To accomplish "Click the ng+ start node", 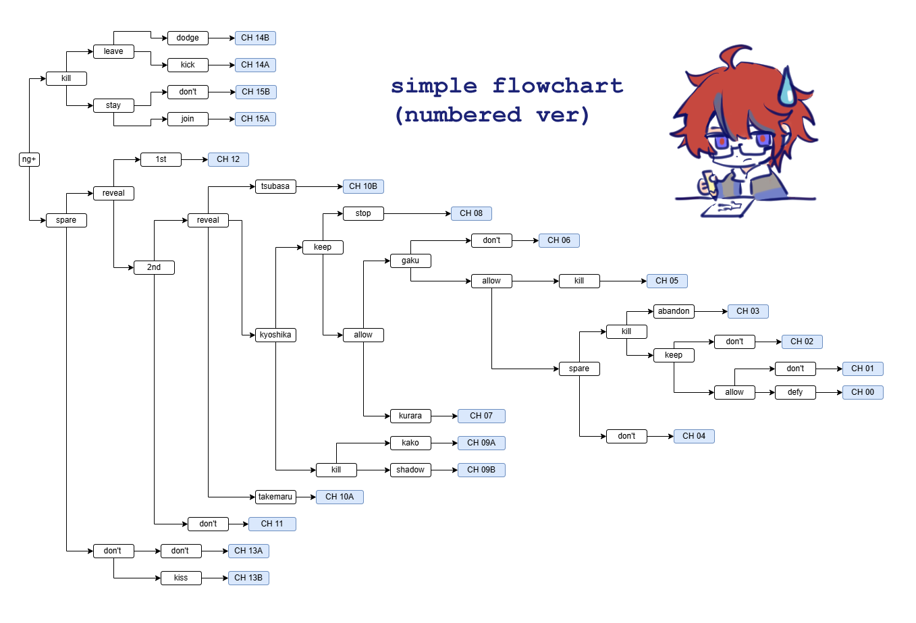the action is click(30, 159).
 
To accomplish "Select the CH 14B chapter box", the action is click(255, 38).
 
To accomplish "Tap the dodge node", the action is click(188, 38).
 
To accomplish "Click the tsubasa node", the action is click(275, 186).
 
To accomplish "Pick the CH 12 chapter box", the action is click(228, 159).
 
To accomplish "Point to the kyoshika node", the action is click(275, 335).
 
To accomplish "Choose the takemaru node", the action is click(275, 497).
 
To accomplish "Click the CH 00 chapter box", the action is click(863, 392).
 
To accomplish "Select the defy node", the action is click(795, 392).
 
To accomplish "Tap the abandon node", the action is click(674, 312).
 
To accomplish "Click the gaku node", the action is click(410, 261).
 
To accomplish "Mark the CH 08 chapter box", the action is click(471, 213).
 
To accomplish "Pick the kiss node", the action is click(181, 578).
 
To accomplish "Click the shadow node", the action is click(410, 470).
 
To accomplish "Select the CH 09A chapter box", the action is click(481, 443).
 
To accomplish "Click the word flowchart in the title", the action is click(558, 86).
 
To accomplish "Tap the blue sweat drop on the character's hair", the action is click(786, 86).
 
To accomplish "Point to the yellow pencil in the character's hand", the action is click(709, 183).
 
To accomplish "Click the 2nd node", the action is click(154, 267).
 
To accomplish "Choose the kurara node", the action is click(410, 416).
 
